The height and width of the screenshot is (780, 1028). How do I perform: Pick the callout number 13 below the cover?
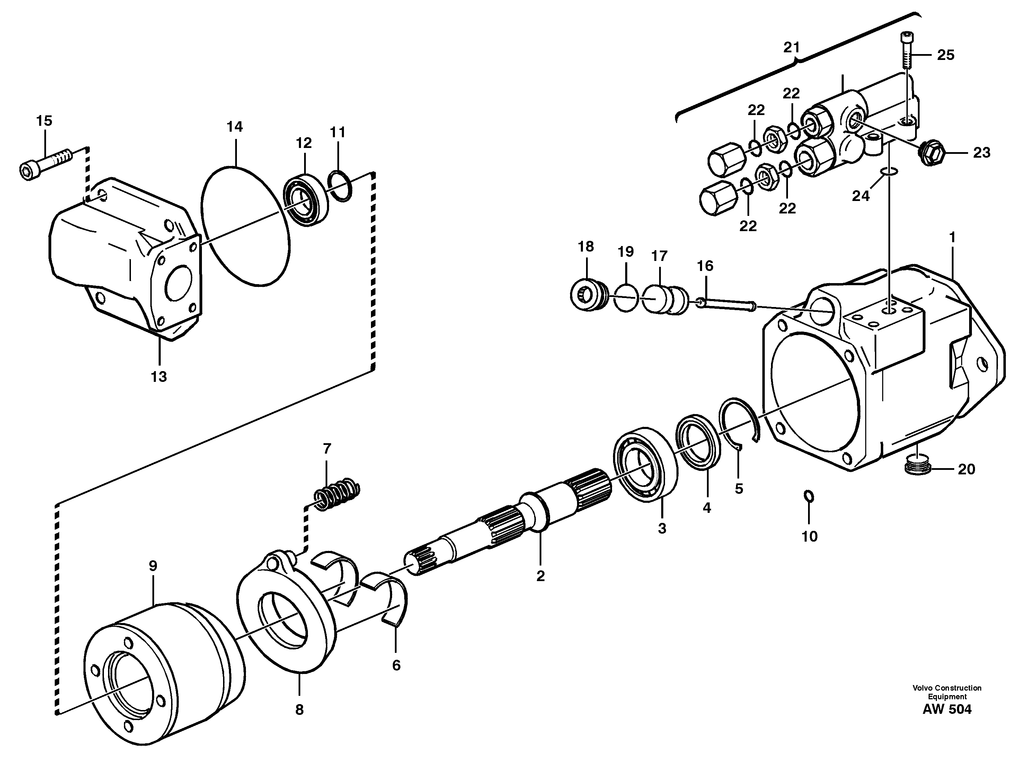[159, 377]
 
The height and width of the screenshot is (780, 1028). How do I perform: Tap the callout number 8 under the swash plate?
[299, 709]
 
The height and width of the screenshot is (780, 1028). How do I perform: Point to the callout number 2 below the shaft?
[540, 576]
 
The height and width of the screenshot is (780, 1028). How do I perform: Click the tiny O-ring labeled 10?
[809, 497]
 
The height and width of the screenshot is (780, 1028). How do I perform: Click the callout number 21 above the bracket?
[791, 47]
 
